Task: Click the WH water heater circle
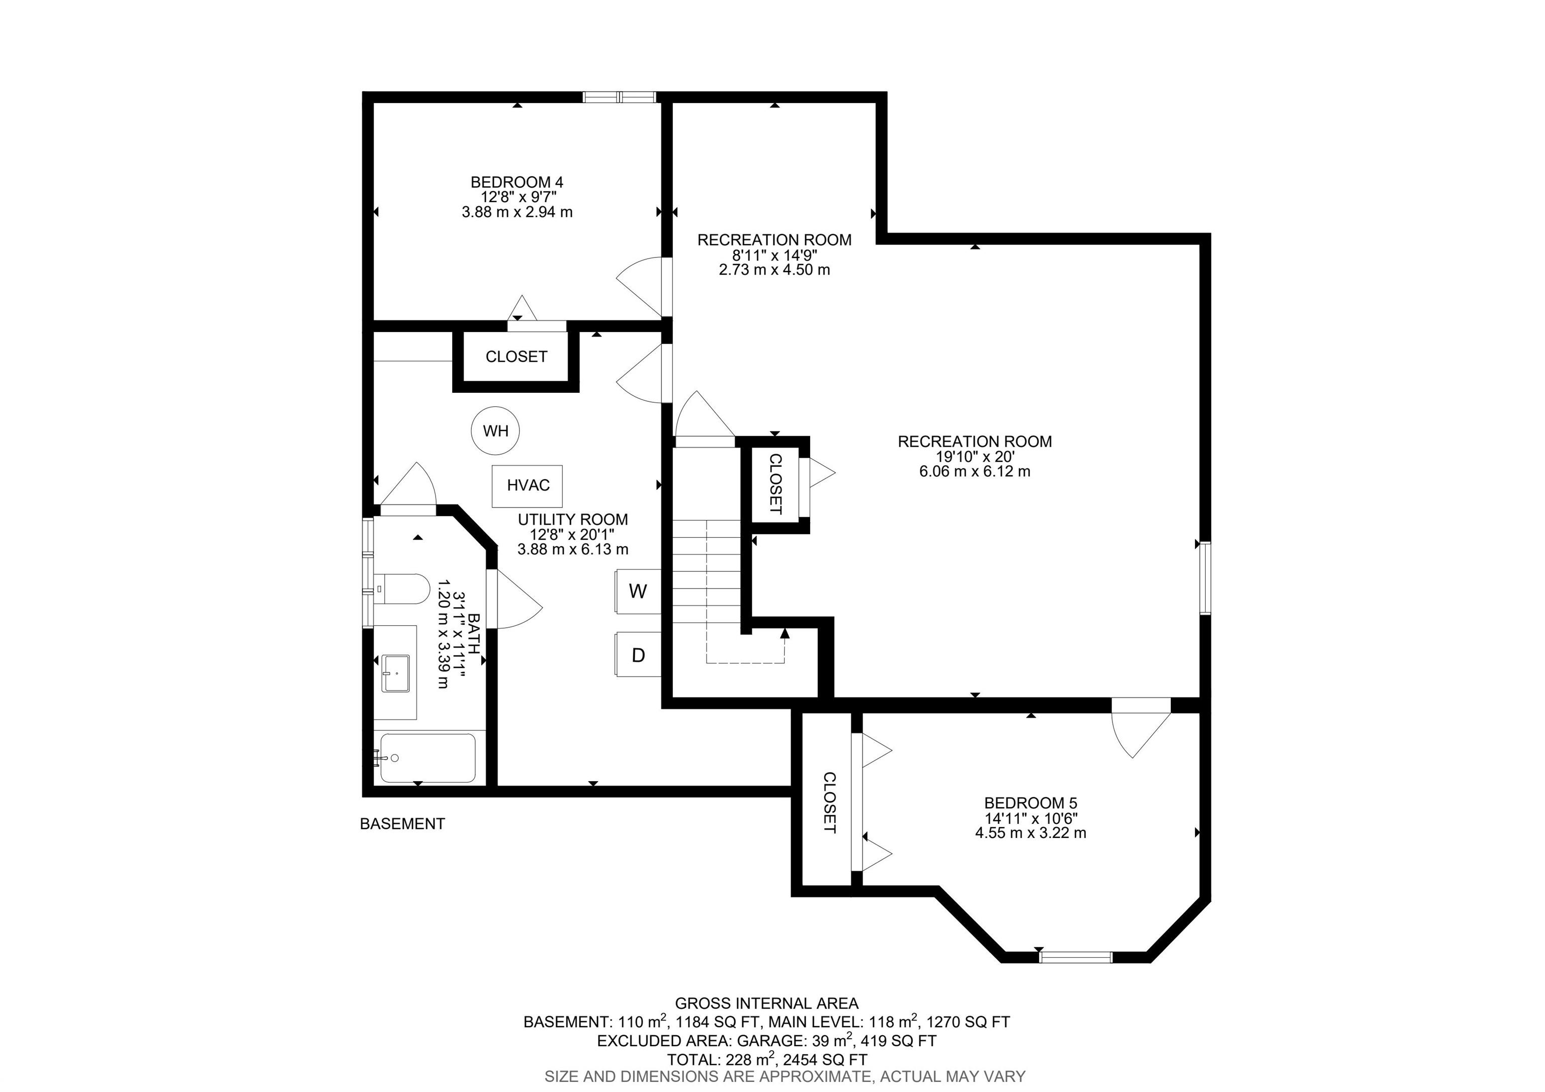tap(495, 431)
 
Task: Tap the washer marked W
tap(638, 592)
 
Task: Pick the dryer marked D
tap(638, 655)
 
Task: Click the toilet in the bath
tap(401, 590)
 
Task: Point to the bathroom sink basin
tap(396, 673)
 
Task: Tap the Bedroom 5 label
tap(1030, 803)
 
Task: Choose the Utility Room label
tap(573, 520)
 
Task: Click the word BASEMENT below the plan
tap(402, 823)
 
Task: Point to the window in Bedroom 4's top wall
tap(619, 97)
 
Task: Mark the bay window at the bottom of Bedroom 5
tap(1075, 957)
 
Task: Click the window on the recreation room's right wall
tap(1205, 578)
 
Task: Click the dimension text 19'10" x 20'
tap(974, 457)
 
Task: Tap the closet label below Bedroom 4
tap(516, 357)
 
